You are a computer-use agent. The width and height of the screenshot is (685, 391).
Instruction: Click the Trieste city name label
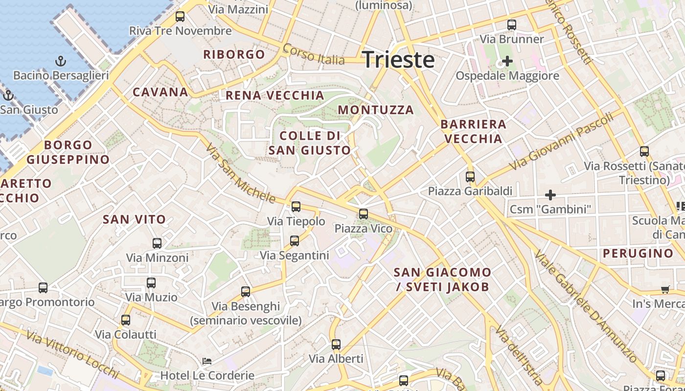[x=398, y=60]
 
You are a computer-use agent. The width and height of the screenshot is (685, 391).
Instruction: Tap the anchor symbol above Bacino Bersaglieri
[x=61, y=62]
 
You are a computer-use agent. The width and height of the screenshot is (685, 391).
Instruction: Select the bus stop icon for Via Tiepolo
[x=296, y=207]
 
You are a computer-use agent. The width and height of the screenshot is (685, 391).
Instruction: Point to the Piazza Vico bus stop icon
[x=363, y=214]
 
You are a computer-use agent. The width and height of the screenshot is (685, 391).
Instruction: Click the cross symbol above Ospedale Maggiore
[x=507, y=62]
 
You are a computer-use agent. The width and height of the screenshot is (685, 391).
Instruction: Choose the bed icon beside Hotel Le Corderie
[x=207, y=361]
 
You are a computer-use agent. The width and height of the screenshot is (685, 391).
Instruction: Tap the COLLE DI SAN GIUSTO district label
[x=310, y=143]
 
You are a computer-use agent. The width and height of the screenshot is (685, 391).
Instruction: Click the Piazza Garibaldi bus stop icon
[x=470, y=176]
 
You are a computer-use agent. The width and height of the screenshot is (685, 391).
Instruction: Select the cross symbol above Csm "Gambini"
[x=550, y=195]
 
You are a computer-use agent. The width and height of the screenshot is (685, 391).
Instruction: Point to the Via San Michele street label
[x=241, y=173]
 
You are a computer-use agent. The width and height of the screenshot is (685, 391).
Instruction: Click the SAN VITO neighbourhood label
[x=134, y=219]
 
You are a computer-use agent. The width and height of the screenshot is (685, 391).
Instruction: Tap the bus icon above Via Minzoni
[x=157, y=243]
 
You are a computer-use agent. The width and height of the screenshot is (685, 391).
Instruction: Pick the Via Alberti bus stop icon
[x=336, y=345]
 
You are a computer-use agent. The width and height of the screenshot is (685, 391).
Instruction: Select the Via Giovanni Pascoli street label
[x=561, y=142]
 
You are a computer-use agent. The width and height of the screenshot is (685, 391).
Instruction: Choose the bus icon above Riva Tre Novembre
[x=180, y=17]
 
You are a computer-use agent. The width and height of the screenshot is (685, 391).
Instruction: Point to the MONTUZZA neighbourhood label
[x=376, y=110]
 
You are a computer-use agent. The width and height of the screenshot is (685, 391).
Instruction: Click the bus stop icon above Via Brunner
[x=512, y=24]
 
